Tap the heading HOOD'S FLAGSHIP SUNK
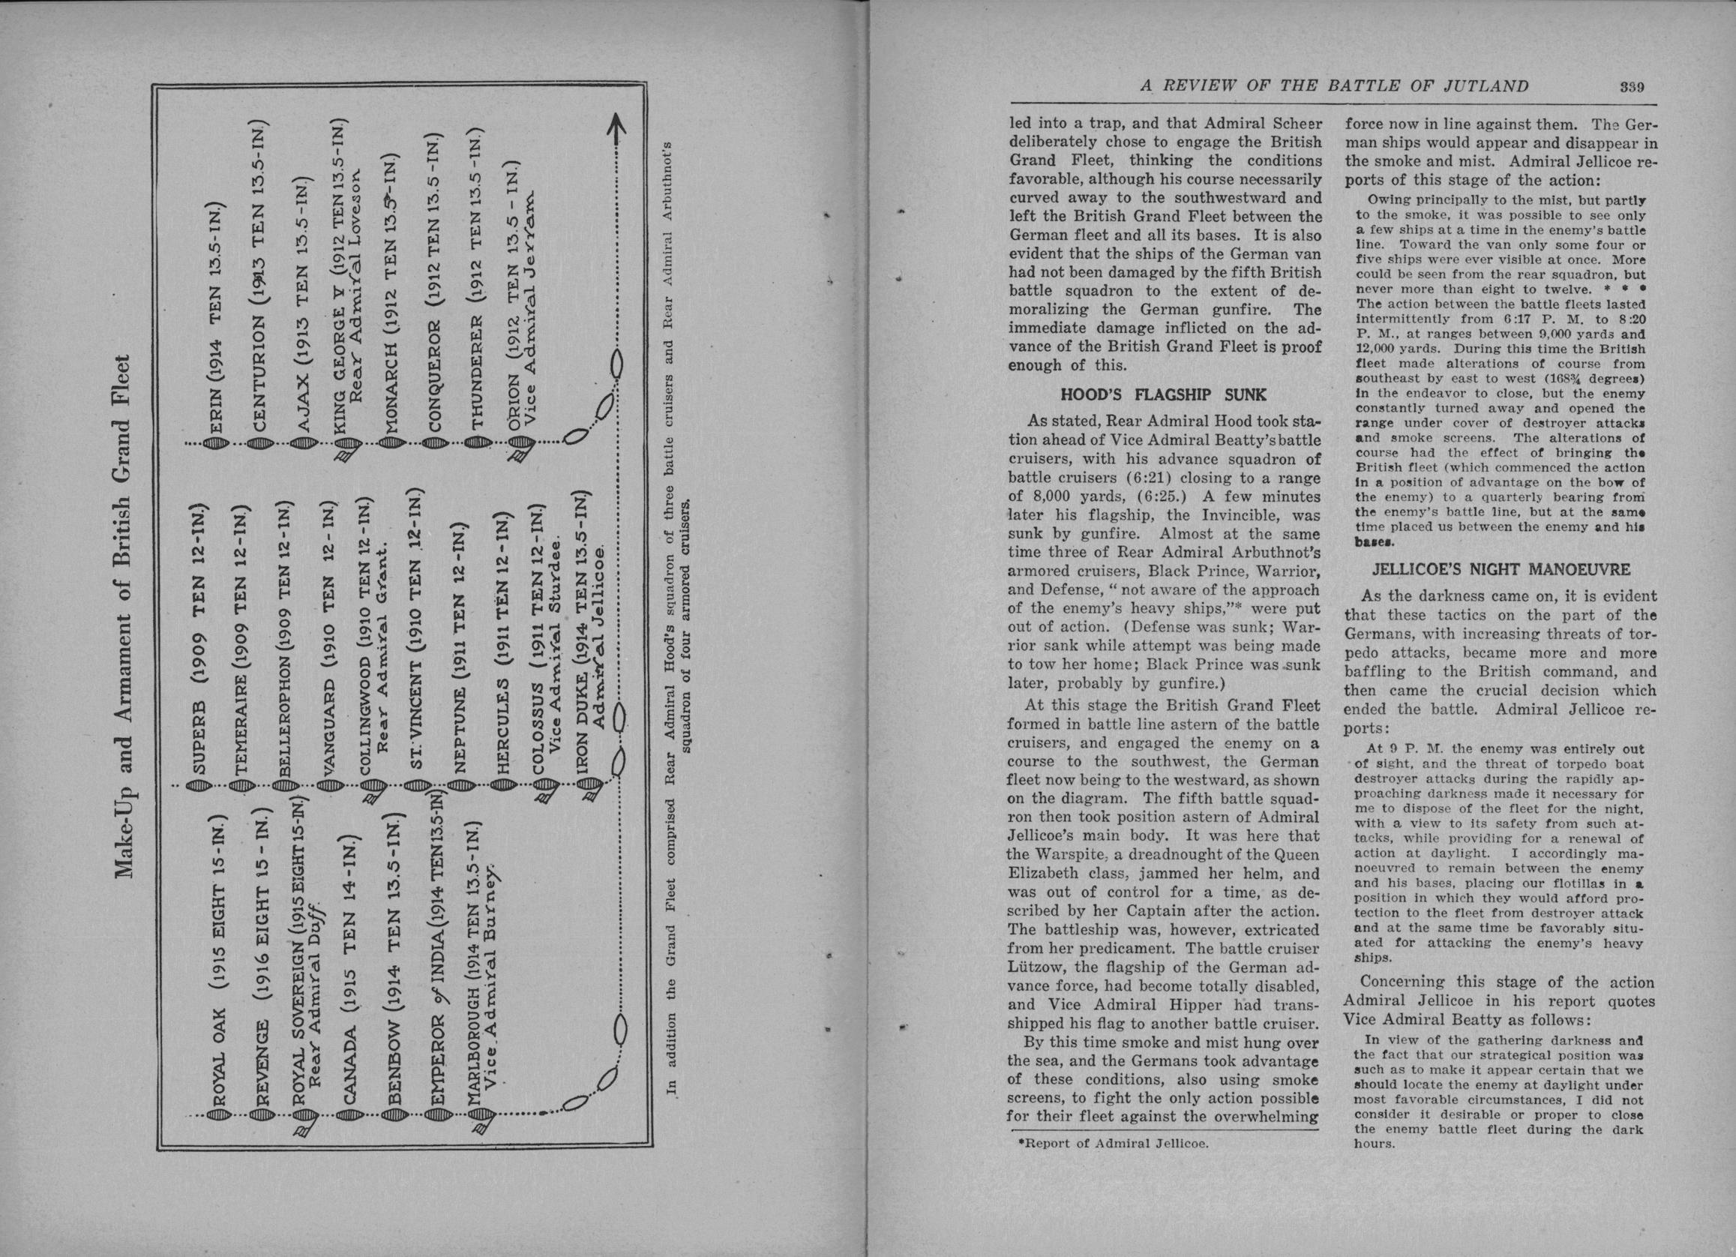(x=1163, y=396)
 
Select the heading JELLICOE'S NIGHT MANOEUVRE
(x=1500, y=569)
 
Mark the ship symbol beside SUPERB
(x=197, y=785)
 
